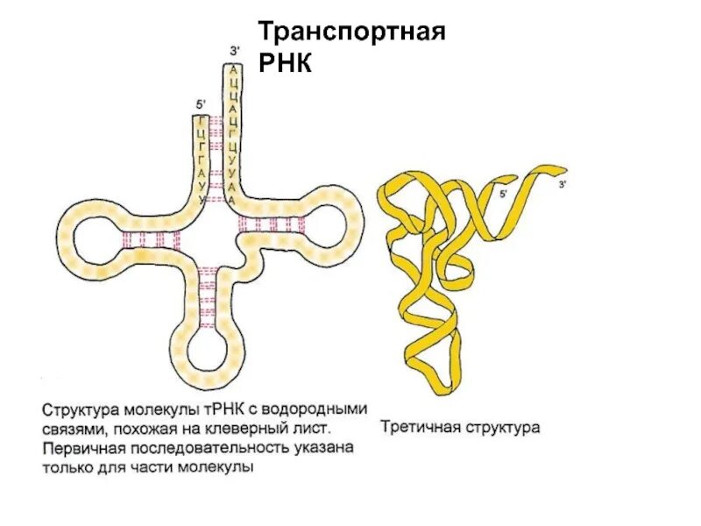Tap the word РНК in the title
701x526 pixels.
click(x=285, y=64)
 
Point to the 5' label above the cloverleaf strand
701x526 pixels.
click(x=202, y=107)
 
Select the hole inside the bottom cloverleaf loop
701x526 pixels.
click(x=209, y=345)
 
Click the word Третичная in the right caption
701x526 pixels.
click(x=417, y=428)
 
